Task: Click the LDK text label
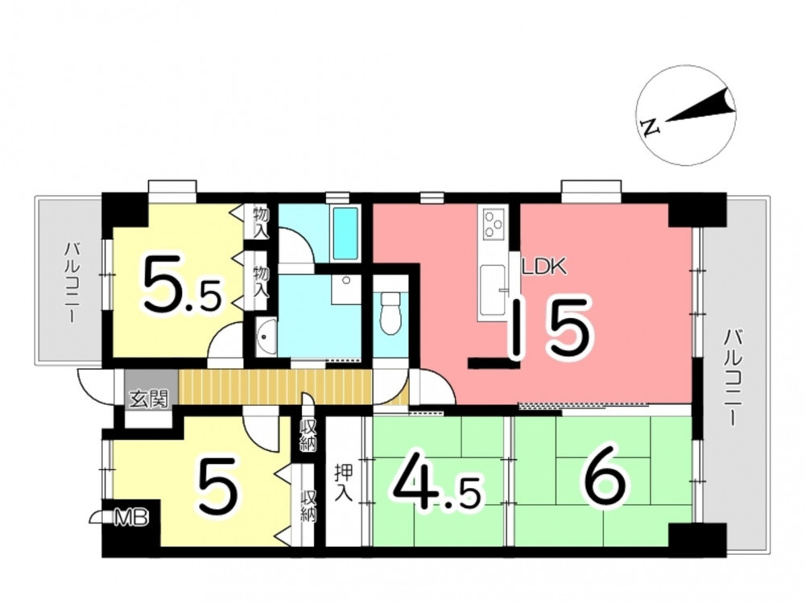[x=543, y=267]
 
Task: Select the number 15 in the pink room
[x=552, y=329]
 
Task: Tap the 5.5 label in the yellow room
[x=182, y=284]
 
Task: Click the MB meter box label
[x=131, y=518]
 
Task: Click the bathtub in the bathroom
[x=345, y=234]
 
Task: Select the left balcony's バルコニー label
[x=72, y=283]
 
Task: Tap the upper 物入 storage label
[x=262, y=221]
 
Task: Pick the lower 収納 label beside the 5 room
[x=308, y=507]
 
